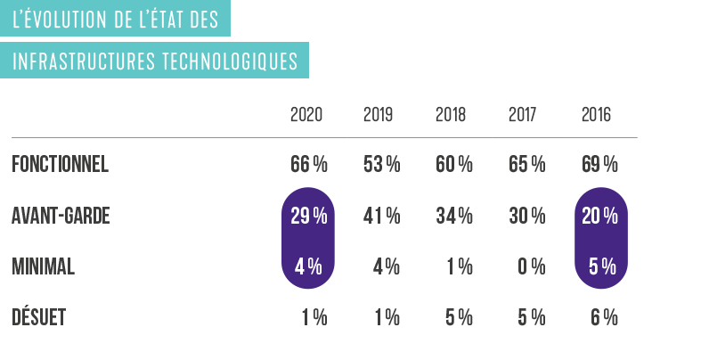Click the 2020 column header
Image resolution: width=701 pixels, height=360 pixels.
[306, 116]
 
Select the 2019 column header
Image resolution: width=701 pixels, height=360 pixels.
[379, 116]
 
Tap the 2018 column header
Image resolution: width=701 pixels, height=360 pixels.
[452, 116]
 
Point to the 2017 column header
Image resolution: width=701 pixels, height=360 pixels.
[524, 116]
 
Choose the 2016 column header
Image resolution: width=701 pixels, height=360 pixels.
[596, 116]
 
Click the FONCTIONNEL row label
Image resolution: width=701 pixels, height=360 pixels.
[60, 165]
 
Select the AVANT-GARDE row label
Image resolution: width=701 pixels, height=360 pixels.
[61, 217]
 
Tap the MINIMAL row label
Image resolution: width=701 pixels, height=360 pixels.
[43, 267]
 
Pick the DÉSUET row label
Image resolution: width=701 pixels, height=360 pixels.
[38, 318]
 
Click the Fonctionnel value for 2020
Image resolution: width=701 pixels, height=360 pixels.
[309, 165]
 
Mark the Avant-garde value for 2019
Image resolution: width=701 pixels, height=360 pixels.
[382, 217]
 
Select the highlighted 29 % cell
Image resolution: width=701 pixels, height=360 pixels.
[309, 217]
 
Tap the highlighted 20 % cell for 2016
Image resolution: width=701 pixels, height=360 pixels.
[599, 217]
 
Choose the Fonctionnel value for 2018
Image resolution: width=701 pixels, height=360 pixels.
[454, 165]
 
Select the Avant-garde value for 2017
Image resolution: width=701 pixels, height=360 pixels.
[527, 217]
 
